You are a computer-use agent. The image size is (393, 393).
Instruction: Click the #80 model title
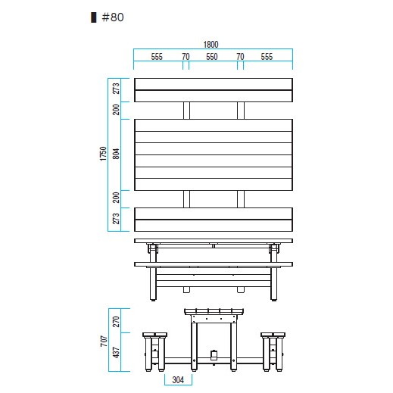(x=113, y=17)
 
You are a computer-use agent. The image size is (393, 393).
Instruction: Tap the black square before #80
(x=94, y=17)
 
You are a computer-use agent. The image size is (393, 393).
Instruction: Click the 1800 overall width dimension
(x=211, y=45)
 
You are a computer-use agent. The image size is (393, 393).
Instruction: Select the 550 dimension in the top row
(x=212, y=57)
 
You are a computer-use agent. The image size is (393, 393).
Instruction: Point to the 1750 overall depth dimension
(x=103, y=154)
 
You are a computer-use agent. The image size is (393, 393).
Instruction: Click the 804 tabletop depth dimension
(x=116, y=154)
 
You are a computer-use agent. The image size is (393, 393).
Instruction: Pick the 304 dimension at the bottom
(x=178, y=379)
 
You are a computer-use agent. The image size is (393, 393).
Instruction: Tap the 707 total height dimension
(x=104, y=341)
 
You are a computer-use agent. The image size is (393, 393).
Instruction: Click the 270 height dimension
(x=116, y=322)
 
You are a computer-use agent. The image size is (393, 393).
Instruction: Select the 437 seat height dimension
(x=116, y=352)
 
